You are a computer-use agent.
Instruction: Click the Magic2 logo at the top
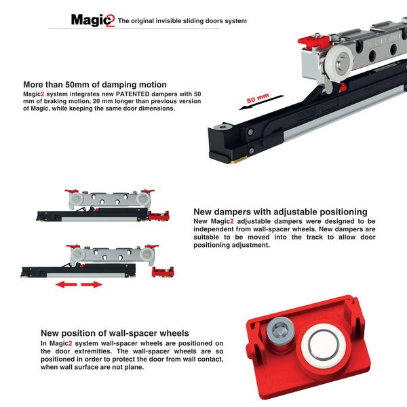pyautogui.click(x=93, y=20)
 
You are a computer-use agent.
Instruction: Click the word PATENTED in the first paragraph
pyautogui.click(x=119, y=93)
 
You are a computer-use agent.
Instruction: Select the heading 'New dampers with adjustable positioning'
pyautogui.click(x=280, y=212)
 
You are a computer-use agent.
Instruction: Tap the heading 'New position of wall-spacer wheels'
pyautogui.click(x=114, y=333)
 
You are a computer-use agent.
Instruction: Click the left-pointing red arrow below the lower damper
pyautogui.click(x=66, y=285)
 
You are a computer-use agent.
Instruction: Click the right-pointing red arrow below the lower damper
pyautogui.click(x=92, y=285)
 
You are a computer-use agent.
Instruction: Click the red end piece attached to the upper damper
pyautogui.click(x=158, y=216)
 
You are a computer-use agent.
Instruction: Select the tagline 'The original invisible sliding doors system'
pyautogui.click(x=182, y=21)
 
